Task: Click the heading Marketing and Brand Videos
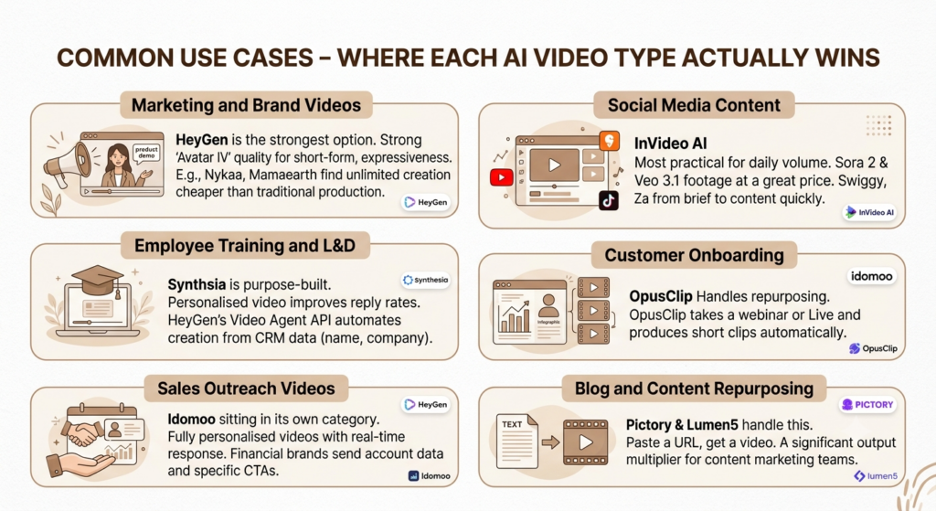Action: point(246,105)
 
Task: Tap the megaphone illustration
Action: point(67,161)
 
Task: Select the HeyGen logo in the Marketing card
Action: point(426,202)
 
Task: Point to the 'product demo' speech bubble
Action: point(146,153)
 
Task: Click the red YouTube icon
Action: point(502,177)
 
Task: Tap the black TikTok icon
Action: point(608,200)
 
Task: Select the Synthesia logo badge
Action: point(426,280)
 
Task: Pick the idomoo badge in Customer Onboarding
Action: point(871,276)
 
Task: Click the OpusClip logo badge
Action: point(873,348)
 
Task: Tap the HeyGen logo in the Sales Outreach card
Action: point(426,405)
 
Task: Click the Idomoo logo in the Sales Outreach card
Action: point(430,475)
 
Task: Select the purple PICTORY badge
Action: point(868,405)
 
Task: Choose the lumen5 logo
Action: point(876,475)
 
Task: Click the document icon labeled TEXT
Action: point(517,442)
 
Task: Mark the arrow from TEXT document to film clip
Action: point(550,442)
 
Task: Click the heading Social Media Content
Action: point(694,105)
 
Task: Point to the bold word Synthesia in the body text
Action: point(197,284)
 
